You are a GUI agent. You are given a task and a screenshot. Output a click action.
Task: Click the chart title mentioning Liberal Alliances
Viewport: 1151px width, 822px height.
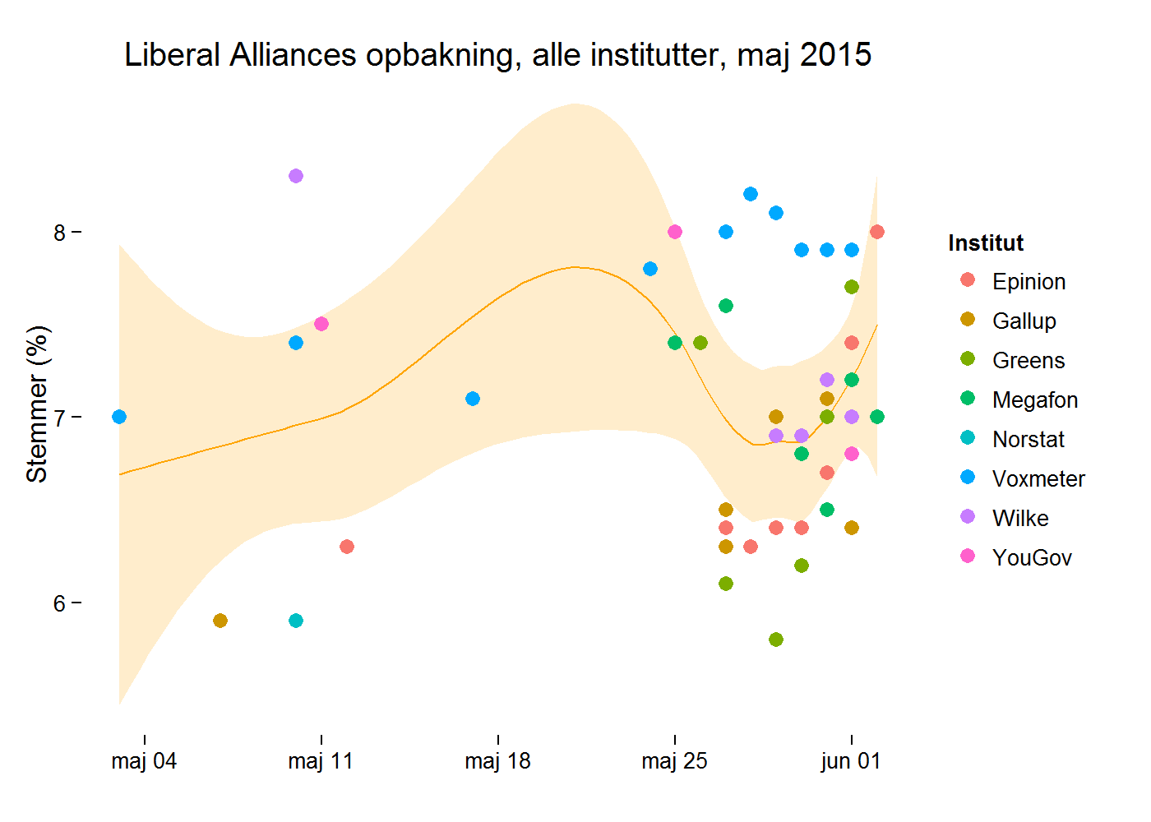497,55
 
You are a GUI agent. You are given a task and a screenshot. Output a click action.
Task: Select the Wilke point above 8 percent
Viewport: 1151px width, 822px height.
296,176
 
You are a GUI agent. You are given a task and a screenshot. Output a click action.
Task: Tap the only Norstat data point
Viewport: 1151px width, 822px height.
296,621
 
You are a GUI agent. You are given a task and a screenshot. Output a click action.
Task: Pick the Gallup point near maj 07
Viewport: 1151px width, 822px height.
220,621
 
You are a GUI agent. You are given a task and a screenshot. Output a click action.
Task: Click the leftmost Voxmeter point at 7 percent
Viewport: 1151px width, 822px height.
119,417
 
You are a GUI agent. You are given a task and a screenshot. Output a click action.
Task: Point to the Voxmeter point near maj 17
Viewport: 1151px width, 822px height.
473,399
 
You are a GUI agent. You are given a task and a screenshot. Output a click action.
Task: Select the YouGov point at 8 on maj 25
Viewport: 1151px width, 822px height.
675,232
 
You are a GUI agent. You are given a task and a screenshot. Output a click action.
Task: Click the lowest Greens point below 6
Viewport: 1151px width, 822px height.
776,640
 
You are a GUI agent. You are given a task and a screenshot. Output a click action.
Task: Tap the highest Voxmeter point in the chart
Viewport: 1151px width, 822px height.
751,194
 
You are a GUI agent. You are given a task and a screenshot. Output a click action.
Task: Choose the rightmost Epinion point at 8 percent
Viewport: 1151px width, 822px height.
877,232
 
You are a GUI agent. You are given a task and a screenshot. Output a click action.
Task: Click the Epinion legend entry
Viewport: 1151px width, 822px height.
1029,281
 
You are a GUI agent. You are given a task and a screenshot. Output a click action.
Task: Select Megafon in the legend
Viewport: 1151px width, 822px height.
1034,399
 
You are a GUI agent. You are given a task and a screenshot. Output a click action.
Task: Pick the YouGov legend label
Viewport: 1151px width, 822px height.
1032,557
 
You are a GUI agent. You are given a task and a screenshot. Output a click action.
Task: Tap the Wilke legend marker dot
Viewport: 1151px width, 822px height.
968,517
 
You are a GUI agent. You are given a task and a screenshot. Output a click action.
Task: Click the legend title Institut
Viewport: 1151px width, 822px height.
986,242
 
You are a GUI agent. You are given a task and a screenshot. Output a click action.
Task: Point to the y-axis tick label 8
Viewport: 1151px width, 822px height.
59,233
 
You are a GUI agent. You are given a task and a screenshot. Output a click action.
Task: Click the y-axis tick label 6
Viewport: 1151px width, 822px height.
59,603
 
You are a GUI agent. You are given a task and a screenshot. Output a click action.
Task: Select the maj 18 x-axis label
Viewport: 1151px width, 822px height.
497,761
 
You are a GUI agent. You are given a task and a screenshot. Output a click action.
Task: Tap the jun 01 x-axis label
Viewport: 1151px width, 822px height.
851,761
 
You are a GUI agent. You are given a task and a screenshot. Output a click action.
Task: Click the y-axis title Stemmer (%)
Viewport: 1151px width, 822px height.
37,404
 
